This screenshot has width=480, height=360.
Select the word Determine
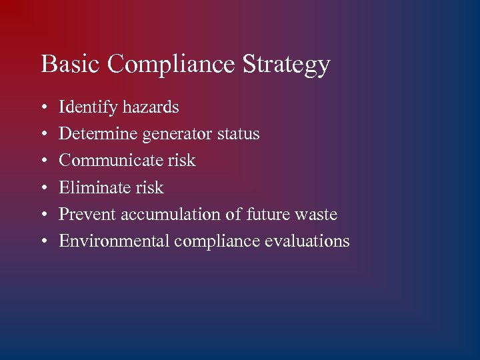[x=98, y=134]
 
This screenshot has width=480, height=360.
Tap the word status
[x=239, y=134]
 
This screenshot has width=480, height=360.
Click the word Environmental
[x=114, y=241]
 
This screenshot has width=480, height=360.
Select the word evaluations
[x=307, y=241]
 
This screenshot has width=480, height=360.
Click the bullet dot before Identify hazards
[x=43, y=108]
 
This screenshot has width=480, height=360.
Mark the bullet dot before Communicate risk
[x=43, y=161]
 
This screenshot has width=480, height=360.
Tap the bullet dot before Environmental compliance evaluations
[x=43, y=241]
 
